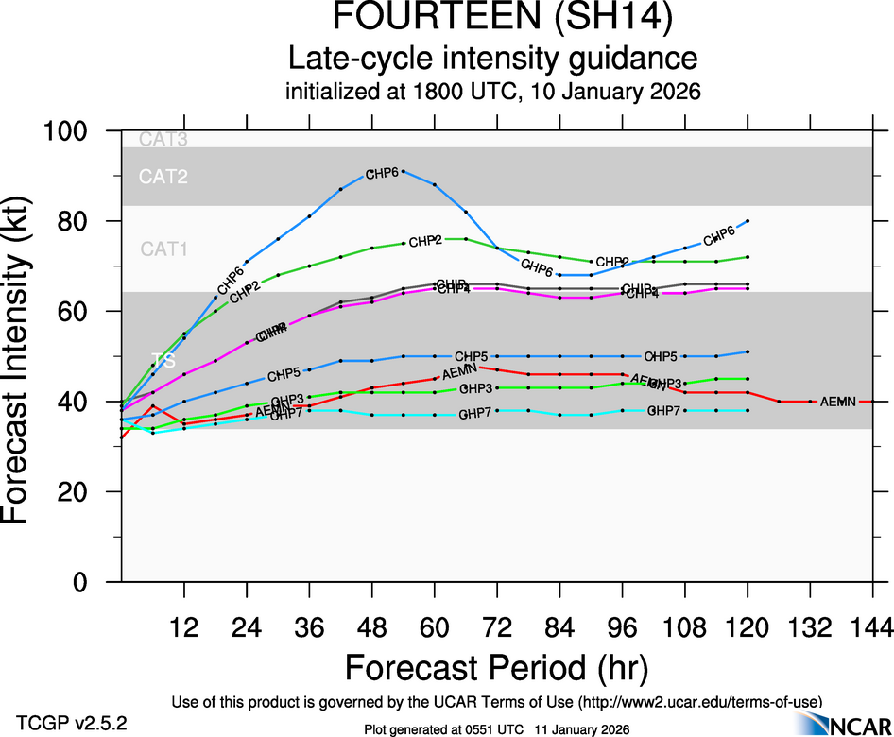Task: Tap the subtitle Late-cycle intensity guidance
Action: (492, 60)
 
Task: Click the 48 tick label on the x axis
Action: (371, 626)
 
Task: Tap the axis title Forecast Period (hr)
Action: (496, 668)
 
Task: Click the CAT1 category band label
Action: (164, 249)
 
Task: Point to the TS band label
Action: (163, 360)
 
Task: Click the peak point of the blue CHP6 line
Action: (404, 171)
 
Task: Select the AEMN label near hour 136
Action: (837, 402)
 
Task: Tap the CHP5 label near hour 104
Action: (661, 357)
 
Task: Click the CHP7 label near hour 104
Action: (664, 411)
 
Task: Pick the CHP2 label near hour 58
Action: (425, 241)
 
